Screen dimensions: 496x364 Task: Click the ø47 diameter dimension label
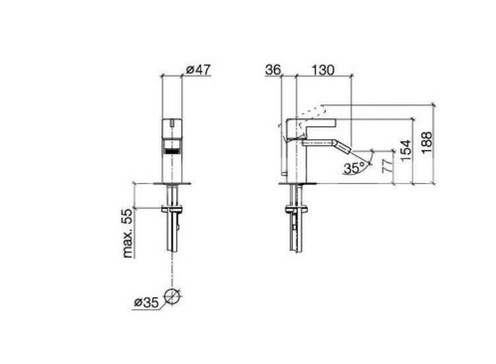point(198,69)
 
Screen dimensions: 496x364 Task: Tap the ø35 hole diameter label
point(146,303)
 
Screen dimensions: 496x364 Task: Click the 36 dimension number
point(273,70)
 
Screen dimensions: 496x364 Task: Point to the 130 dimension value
point(323,70)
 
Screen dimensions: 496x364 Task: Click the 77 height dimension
point(388,165)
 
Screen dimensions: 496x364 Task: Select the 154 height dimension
point(406,151)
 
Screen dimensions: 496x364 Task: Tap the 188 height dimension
point(427,143)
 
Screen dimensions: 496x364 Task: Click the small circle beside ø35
point(172,297)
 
